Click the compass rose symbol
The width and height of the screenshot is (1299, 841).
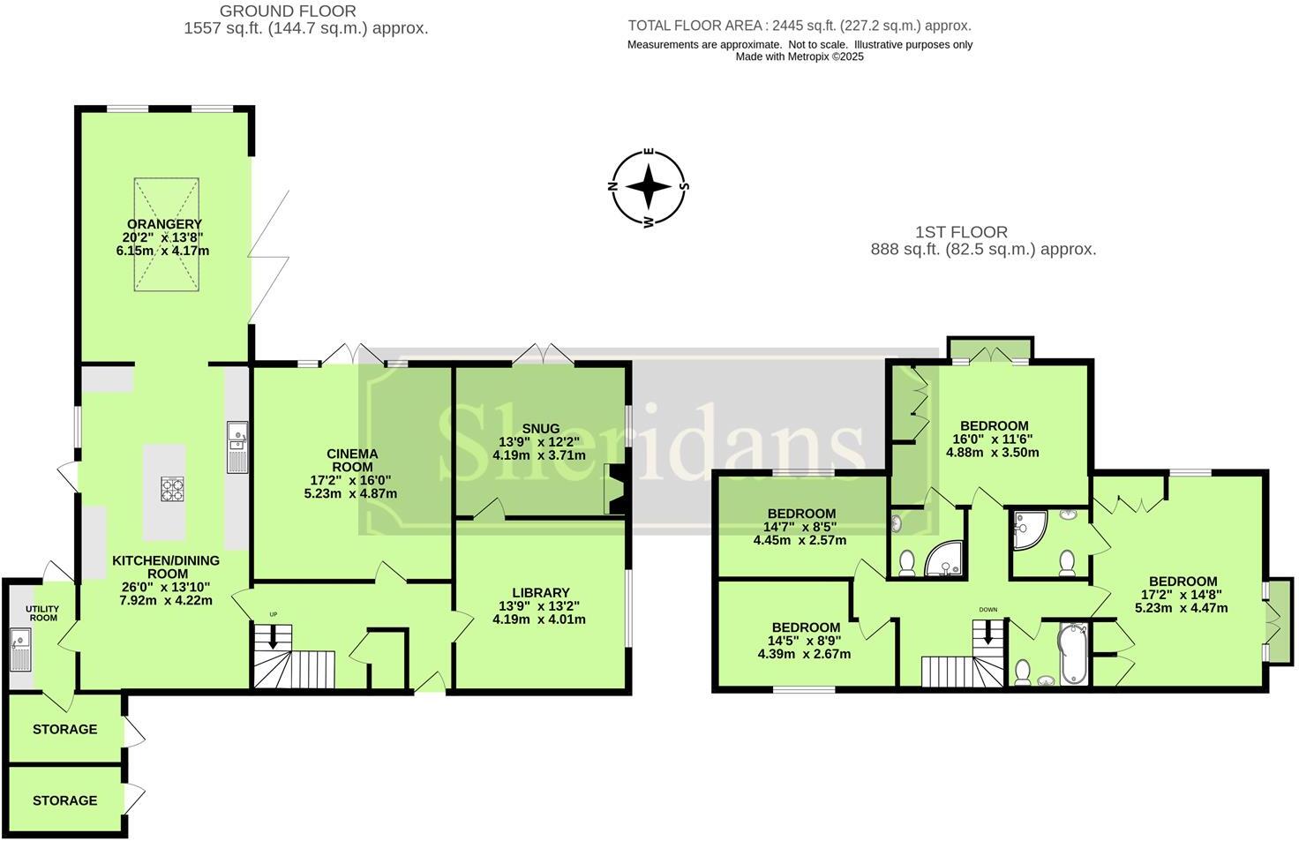click(x=649, y=187)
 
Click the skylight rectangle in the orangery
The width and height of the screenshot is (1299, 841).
click(x=166, y=234)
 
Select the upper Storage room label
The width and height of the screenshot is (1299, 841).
click(x=64, y=729)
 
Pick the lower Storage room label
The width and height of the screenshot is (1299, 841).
click(x=64, y=800)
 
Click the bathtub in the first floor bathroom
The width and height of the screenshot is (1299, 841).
click(x=1072, y=654)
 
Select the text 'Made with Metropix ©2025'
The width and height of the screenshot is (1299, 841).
click(x=800, y=56)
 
